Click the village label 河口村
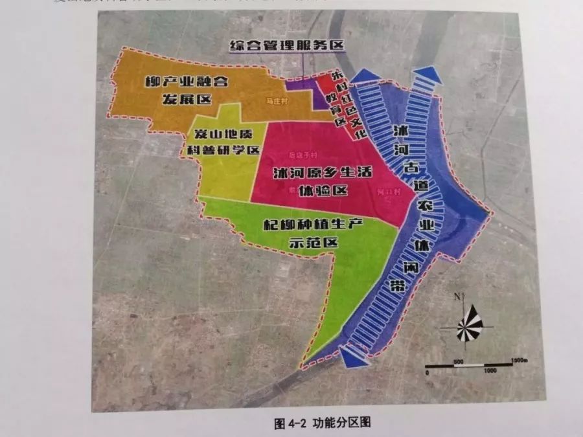click(386, 192)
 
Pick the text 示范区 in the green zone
click(314, 242)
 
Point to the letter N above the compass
click(457, 297)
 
